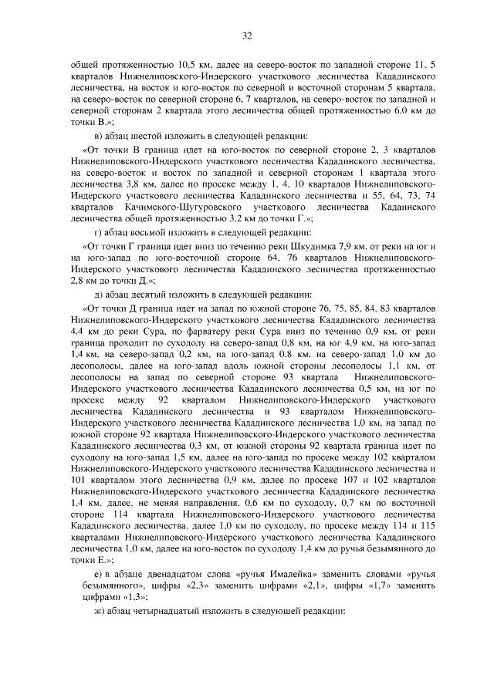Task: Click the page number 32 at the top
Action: click(247, 35)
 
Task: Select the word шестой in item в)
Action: click(138, 137)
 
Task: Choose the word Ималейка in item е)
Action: click(323, 575)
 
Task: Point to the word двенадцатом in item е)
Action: click(176, 575)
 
